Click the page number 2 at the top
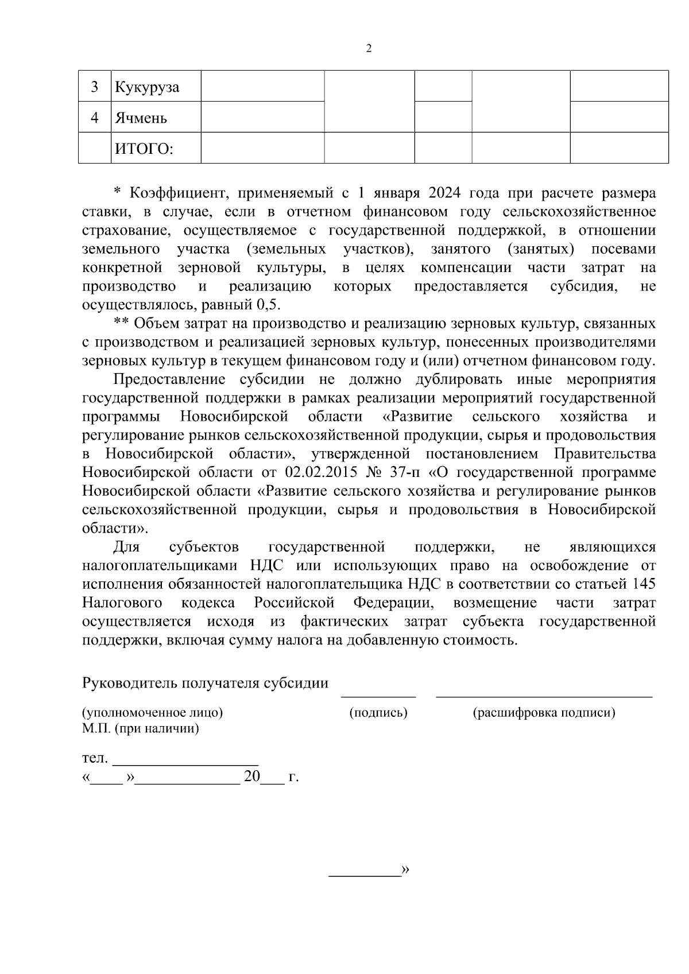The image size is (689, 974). click(x=369, y=49)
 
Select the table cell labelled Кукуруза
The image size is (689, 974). click(x=147, y=87)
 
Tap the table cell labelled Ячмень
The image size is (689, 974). click(x=141, y=118)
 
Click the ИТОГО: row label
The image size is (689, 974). click(x=144, y=149)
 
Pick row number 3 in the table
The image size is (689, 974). click(x=95, y=87)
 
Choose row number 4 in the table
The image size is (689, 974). click(x=95, y=118)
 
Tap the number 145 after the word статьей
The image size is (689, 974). click(x=643, y=584)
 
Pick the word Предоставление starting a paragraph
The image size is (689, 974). click(x=169, y=379)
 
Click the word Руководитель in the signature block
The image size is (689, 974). click(x=131, y=684)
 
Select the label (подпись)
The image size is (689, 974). click(x=378, y=713)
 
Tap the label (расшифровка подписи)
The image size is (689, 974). click(x=544, y=713)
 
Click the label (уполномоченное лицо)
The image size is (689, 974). click(x=153, y=713)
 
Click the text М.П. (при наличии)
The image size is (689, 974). click(x=141, y=729)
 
